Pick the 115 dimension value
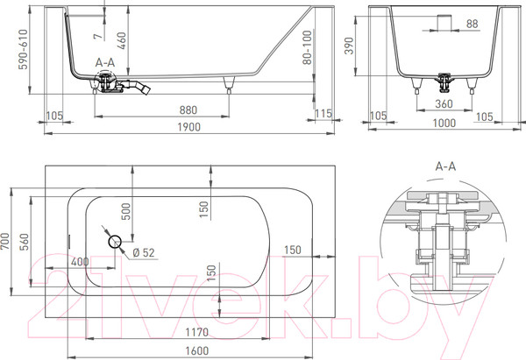click(x=323, y=114)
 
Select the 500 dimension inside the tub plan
click(x=126, y=214)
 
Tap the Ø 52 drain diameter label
click(x=143, y=254)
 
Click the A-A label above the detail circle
click(x=446, y=165)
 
